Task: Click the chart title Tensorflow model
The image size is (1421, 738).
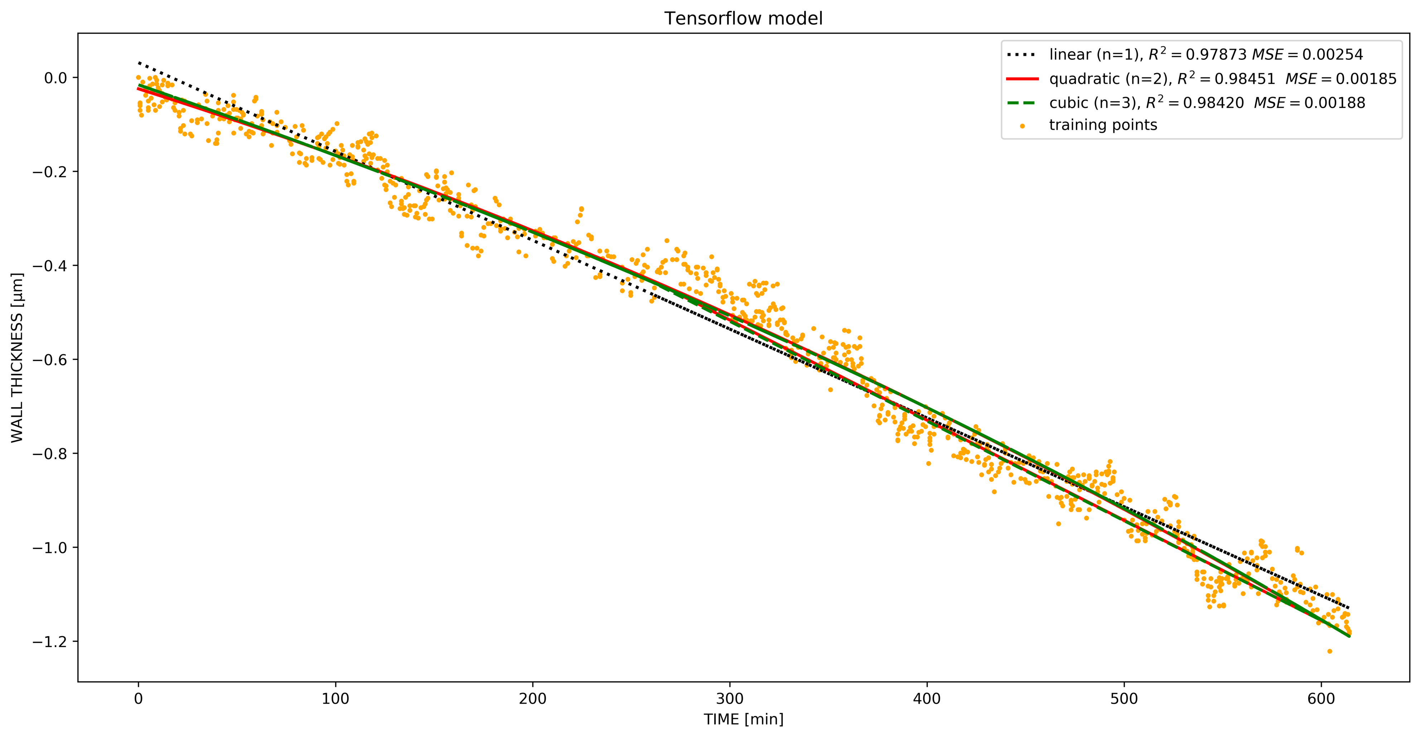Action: tap(743, 18)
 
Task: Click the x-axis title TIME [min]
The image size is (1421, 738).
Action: tap(743, 719)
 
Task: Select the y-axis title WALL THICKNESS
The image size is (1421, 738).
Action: tap(17, 358)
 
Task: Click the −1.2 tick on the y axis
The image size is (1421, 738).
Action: tap(50, 641)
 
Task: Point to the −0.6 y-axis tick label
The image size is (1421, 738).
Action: tap(50, 360)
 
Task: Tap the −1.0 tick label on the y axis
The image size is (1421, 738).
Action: tap(50, 548)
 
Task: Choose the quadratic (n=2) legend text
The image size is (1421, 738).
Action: tap(1222, 79)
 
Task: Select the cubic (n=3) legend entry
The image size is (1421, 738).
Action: tap(1207, 103)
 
